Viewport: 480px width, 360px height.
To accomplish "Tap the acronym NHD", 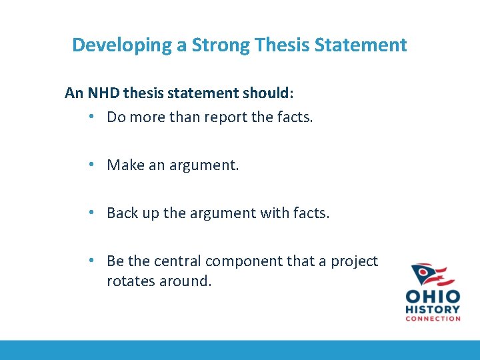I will (104, 93).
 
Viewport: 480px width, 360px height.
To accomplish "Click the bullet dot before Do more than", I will (92, 117).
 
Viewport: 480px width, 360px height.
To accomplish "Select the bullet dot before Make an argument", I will (92, 165).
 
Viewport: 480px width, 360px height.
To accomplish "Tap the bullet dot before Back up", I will (92, 213).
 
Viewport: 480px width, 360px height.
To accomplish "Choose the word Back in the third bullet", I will (123, 213).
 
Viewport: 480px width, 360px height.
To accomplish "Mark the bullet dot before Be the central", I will (92, 261).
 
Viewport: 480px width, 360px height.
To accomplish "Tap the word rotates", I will (131, 281).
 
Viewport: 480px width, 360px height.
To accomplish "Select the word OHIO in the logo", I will (433, 297).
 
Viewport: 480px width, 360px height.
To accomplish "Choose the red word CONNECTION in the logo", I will (433, 318).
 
